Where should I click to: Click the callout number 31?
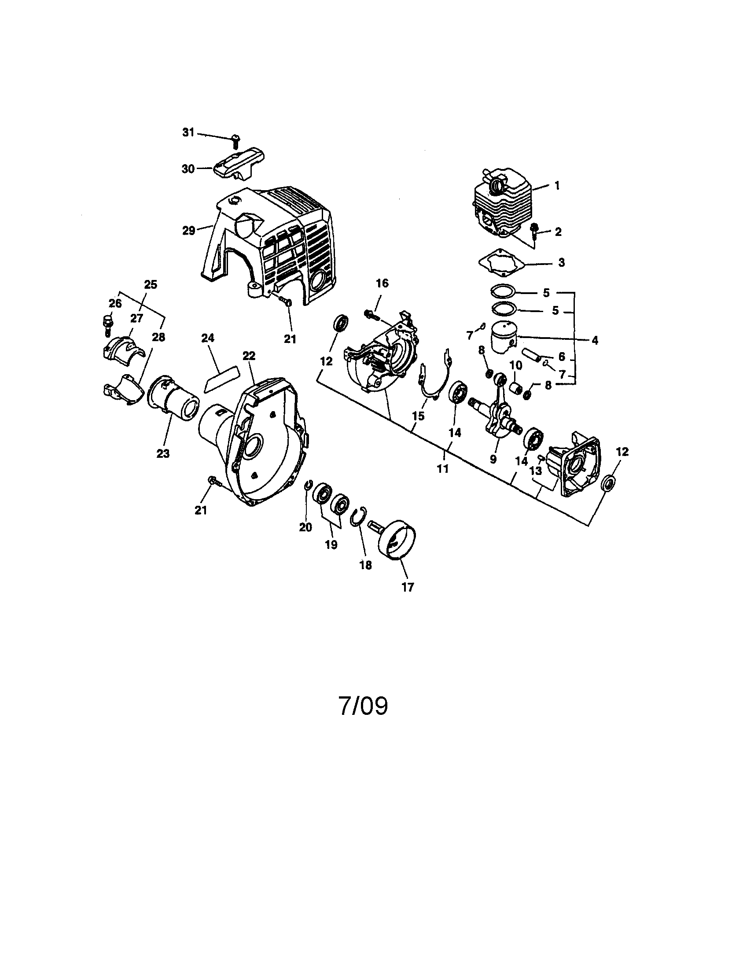(188, 132)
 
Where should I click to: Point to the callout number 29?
(189, 231)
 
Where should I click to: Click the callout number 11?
(443, 469)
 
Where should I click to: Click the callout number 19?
(331, 545)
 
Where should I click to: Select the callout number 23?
(163, 453)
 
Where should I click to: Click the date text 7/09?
(364, 706)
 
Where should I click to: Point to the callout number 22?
(249, 355)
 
